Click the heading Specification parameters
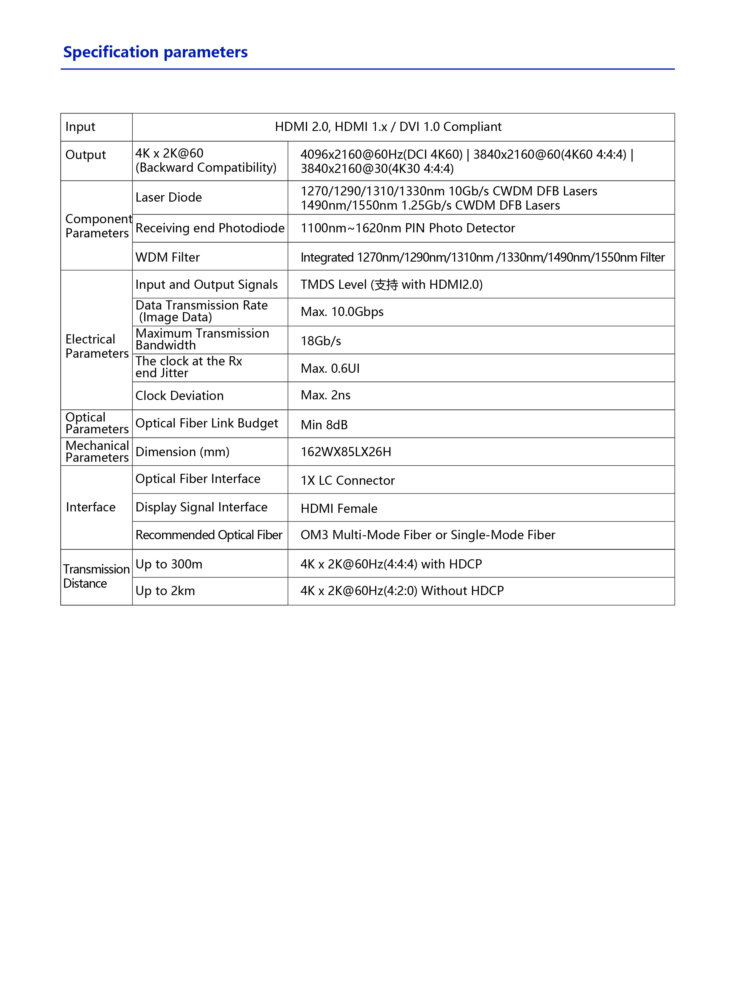click(155, 52)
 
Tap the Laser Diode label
click(168, 197)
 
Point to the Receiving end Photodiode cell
click(210, 228)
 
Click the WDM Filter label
click(168, 257)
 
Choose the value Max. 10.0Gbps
click(342, 312)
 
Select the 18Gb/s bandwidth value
click(321, 341)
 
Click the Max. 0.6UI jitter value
click(330, 368)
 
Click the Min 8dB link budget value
click(324, 425)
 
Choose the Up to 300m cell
click(168, 564)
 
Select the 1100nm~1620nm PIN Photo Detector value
click(407, 228)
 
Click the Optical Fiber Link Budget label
click(207, 423)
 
